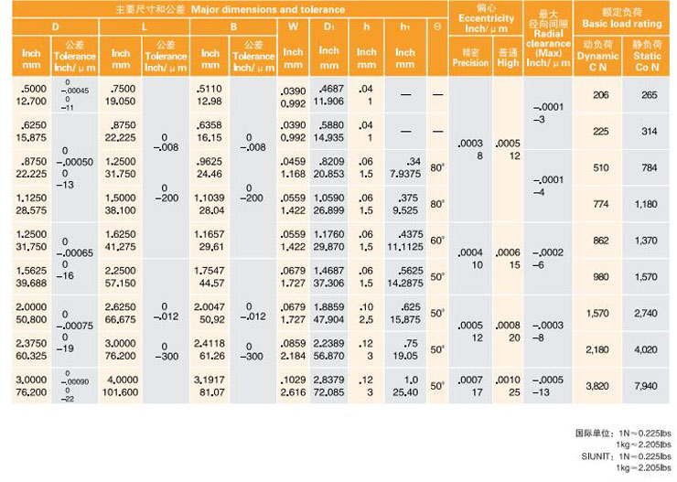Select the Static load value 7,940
[650, 385]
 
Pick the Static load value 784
[650, 167]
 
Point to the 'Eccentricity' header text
[487, 18]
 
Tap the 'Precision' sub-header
[470, 63]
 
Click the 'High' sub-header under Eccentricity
[508, 63]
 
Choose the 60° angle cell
[437, 240]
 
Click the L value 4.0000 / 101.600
[122, 385]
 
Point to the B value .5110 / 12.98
[210, 94]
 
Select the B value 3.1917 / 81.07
[210, 385]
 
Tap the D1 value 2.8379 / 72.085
[329, 385]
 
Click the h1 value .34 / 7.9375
[405, 167]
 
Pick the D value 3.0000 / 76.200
[32, 385]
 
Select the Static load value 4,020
[650, 348]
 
